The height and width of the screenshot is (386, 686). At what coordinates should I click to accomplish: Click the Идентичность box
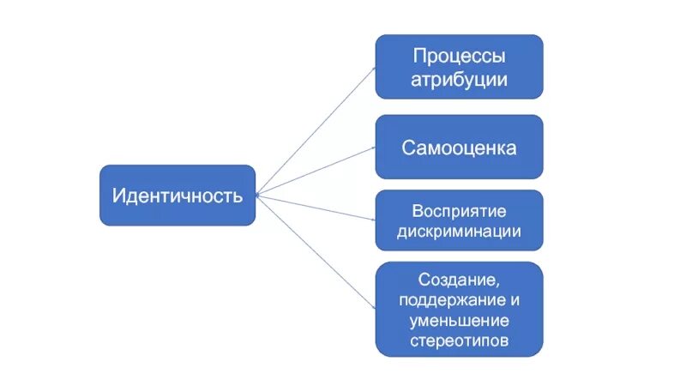177,196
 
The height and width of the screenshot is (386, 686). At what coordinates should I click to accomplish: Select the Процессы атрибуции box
459,68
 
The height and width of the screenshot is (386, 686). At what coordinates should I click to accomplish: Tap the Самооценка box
459,148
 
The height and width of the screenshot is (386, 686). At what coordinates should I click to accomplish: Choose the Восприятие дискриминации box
459,220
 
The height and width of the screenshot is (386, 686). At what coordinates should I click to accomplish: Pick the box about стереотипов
459,309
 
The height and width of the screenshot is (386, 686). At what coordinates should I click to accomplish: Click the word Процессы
459,57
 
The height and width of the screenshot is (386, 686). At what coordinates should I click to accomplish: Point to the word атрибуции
459,80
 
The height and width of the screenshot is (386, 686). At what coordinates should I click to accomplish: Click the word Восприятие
459,211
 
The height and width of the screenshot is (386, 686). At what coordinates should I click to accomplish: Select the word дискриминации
459,232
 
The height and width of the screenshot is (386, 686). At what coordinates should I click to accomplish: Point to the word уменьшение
459,321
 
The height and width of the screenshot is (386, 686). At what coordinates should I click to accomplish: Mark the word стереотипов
459,341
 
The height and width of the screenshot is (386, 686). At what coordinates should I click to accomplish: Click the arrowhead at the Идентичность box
258,195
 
